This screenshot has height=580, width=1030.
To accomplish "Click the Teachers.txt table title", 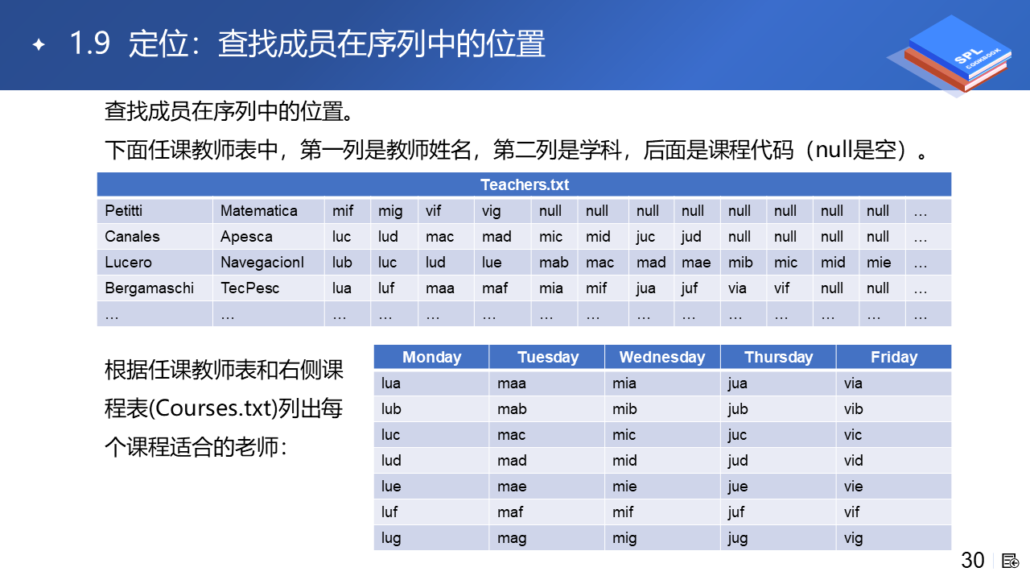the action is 525,184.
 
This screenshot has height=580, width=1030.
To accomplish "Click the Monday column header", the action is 432,357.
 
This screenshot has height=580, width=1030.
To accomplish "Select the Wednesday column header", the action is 662,357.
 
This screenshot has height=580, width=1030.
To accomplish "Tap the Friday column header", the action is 894,357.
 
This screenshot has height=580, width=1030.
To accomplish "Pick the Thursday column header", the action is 778,357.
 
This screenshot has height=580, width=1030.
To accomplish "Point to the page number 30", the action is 973,561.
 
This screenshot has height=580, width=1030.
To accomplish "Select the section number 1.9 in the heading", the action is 89,43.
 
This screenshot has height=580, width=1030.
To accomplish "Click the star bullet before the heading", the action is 39,44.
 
